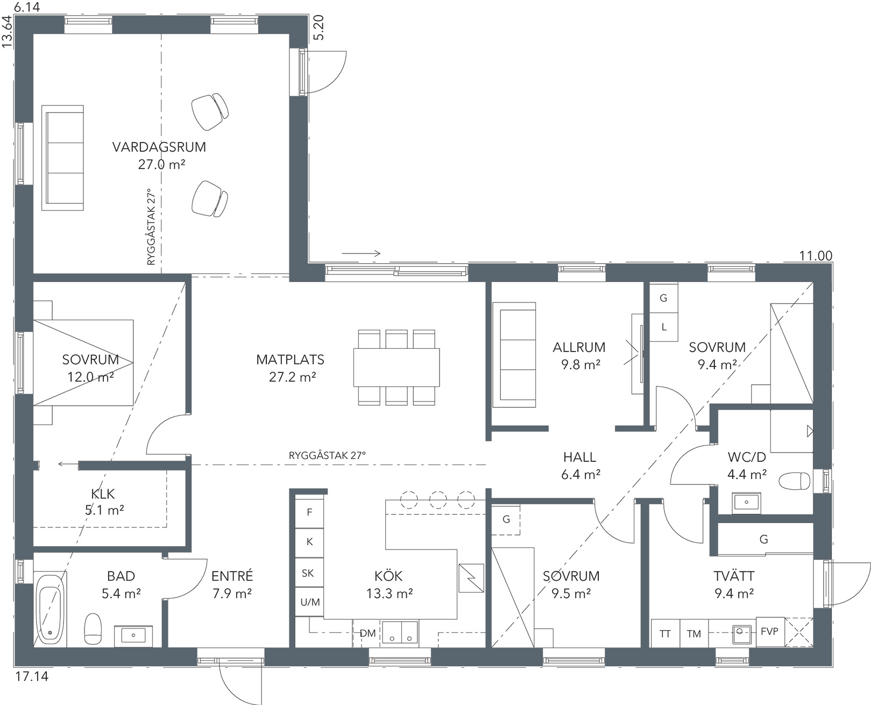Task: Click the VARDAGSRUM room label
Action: point(159,147)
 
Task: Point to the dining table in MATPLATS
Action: point(396,367)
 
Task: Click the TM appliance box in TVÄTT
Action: point(693,633)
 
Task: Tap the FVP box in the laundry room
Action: point(770,632)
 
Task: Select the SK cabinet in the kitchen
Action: point(309,573)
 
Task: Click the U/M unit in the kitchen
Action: point(309,602)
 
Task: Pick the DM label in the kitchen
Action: point(367,633)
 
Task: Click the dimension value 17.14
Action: point(32,676)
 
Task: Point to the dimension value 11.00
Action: point(816,256)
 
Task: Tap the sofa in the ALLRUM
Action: point(514,355)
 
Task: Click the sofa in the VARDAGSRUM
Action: point(62,158)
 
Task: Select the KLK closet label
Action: point(103,494)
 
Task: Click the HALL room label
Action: point(579,457)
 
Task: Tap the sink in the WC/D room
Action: point(746,502)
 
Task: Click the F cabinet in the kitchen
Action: point(309,512)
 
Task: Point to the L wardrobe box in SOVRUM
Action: point(664,327)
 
